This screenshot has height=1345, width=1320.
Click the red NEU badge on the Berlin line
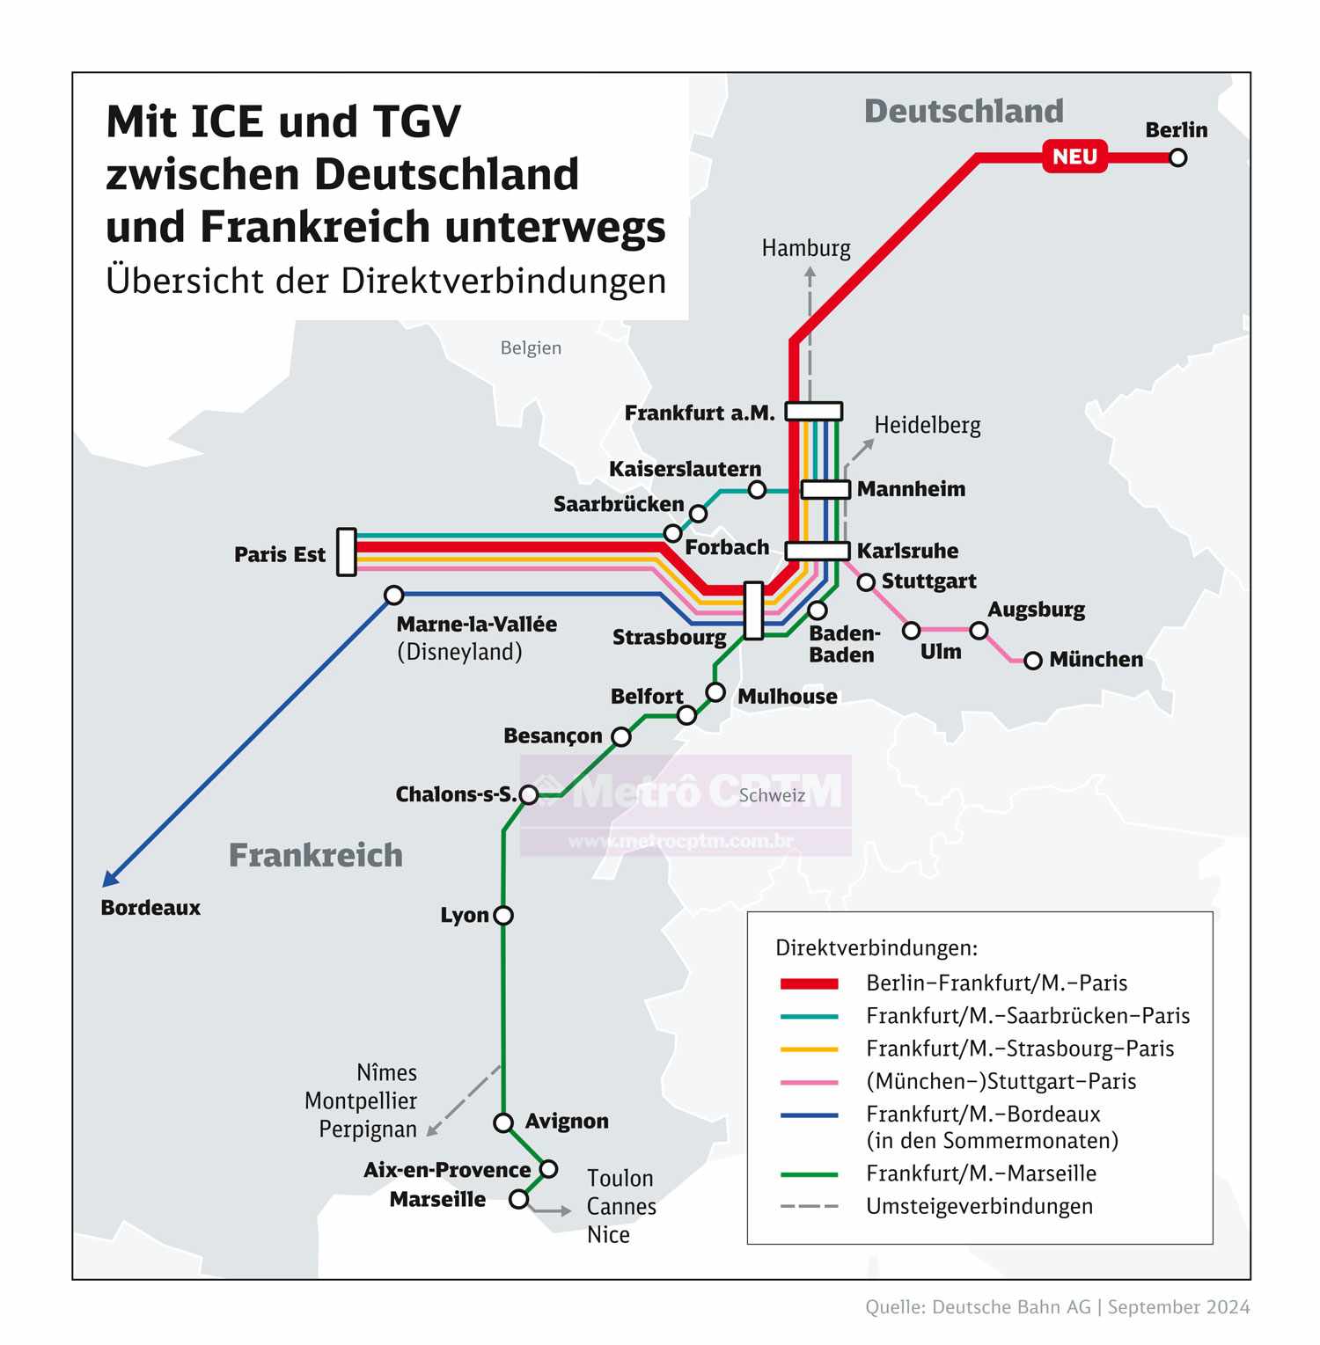(x=1074, y=157)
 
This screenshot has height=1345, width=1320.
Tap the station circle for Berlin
(x=1177, y=157)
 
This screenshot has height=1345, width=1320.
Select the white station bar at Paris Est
(x=347, y=552)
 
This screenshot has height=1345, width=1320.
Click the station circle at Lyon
(x=503, y=915)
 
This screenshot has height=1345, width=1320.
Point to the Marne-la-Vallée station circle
(x=394, y=596)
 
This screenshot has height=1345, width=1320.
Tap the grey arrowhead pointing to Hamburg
(x=810, y=273)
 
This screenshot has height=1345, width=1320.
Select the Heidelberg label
(x=928, y=426)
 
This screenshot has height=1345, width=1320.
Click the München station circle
(x=1033, y=660)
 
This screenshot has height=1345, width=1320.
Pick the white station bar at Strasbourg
(x=753, y=610)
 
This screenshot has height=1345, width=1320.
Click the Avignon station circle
(x=503, y=1122)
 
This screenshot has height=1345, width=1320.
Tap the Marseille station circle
(x=519, y=1199)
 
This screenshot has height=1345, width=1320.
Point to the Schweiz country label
(x=772, y=795)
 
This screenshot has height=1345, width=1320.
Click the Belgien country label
(x=531, y=347)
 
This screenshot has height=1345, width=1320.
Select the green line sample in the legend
(x=809, y=1174)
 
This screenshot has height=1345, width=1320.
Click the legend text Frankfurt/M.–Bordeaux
(x=983, y=1115)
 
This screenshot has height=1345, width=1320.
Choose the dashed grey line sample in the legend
(x=809, y=1206)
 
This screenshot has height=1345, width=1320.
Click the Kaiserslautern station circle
(x=757, y=490)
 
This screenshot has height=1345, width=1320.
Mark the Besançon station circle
(x=621, y=737)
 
